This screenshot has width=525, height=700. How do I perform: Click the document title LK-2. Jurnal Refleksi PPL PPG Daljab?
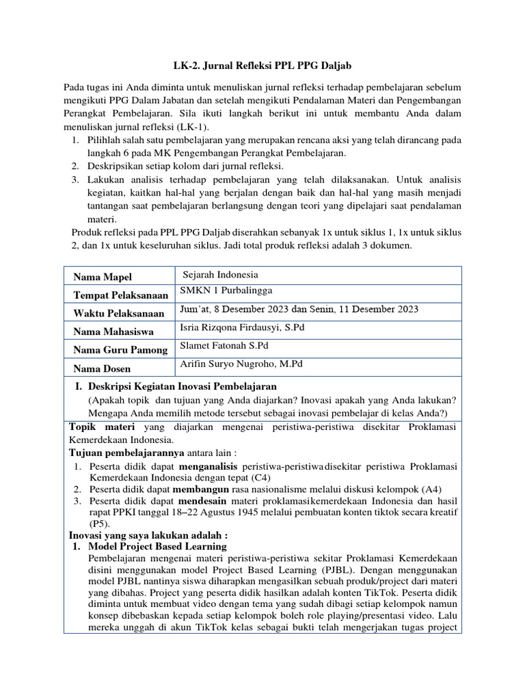(262, 66)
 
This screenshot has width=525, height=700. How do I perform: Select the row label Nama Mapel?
(103, 277)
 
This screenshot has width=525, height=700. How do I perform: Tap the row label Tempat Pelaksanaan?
(120, 295)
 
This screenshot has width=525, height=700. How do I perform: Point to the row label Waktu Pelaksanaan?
(119, 314)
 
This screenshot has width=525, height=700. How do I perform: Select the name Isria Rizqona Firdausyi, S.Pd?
(241, 327)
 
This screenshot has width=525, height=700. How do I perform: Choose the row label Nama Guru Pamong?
(120, 350)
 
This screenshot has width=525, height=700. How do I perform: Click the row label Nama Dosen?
(103, 368)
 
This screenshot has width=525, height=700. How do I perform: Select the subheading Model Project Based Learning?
(156, 547)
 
